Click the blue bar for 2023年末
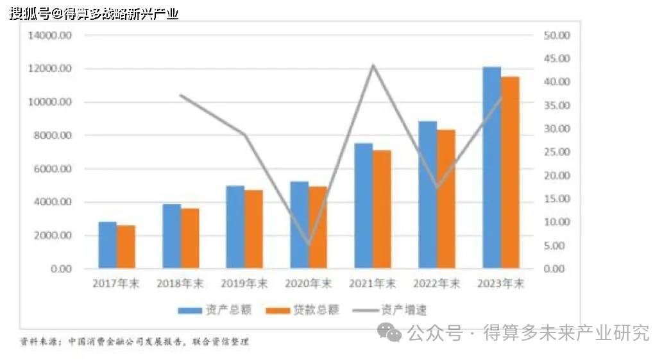[x=491, y=167]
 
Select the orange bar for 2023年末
[x=510, y=172]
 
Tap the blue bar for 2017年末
[x=108, y=244]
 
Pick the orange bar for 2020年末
[x=318, y=227]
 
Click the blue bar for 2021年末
[x=363, y=205]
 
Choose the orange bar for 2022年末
[x=446, y=199]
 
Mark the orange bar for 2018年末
[x=190, y=238]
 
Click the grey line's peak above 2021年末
[x=373, y=65]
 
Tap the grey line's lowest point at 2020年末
[x=309, y=244]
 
